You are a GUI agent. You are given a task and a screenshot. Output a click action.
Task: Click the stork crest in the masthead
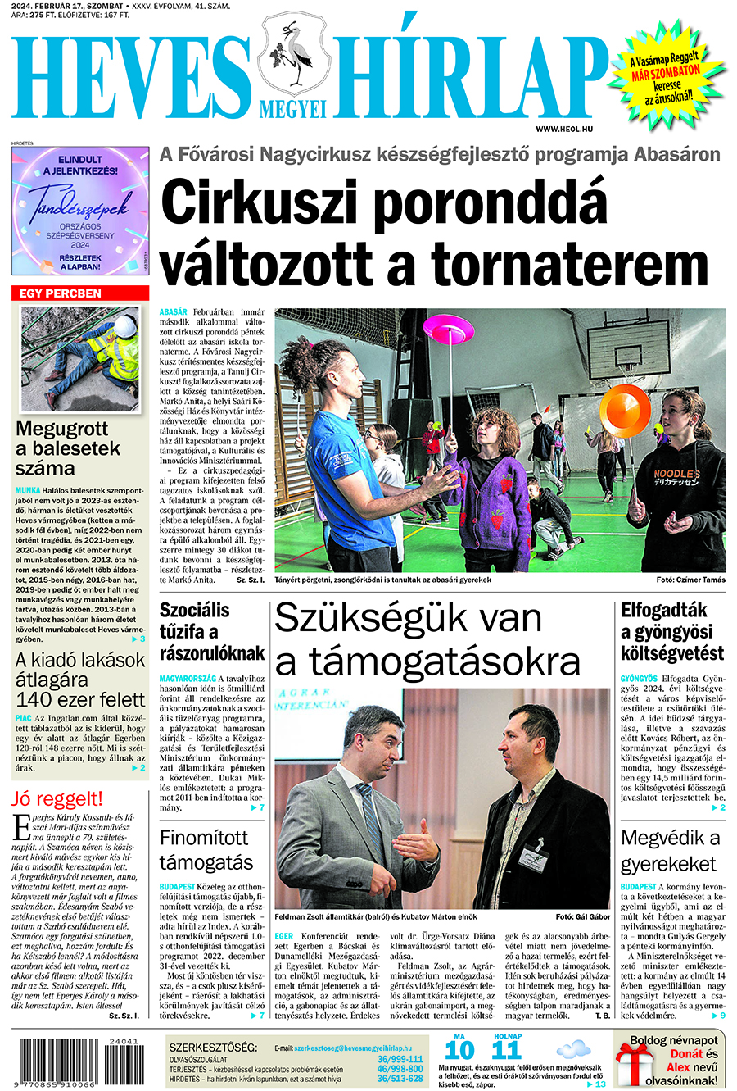[x=292, y=57]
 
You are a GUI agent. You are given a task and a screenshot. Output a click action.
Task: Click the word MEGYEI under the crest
[x=292, y=109]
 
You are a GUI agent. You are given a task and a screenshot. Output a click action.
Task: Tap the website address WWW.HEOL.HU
[x=564, y=130]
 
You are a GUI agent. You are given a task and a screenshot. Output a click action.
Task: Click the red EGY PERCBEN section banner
[x=80, y=293]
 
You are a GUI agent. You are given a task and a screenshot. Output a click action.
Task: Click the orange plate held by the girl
[x=625, y=407]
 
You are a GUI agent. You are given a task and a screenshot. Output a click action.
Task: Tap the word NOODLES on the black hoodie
[x=676, y=474]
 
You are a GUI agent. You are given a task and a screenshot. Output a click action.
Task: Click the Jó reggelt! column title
[x=57, y=798]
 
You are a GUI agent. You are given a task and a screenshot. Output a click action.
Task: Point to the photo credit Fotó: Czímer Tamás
[x=690, y=580]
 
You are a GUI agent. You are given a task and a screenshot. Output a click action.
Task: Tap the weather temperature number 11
[x=507, y=1050]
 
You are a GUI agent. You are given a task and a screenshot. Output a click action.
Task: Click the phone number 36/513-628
[x=400, y=1079]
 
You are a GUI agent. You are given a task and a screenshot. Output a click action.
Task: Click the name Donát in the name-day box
[x=686, y=1054]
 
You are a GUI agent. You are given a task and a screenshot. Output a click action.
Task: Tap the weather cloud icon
[x=572, y=1048]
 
